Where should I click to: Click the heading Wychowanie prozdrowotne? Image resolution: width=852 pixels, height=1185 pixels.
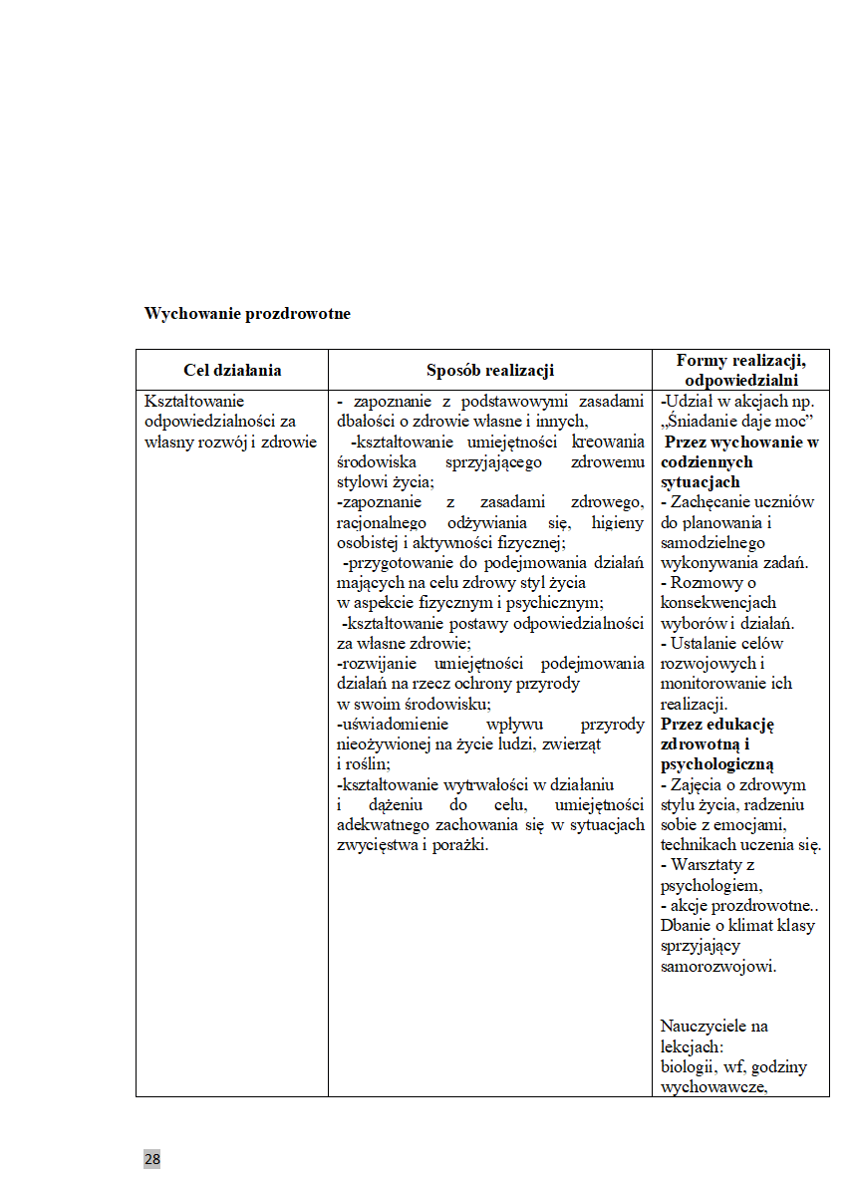(x=247, y=313)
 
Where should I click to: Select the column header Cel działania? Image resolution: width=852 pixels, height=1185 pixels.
(x=232, y=371)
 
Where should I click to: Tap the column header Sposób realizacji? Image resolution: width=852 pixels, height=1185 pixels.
(x=490, y=371)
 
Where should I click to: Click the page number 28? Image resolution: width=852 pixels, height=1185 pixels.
(x=151, y=1159)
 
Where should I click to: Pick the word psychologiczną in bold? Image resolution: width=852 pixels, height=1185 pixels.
(x=716, y=764)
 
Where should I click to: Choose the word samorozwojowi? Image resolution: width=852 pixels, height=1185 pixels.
(x=717, y=966)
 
